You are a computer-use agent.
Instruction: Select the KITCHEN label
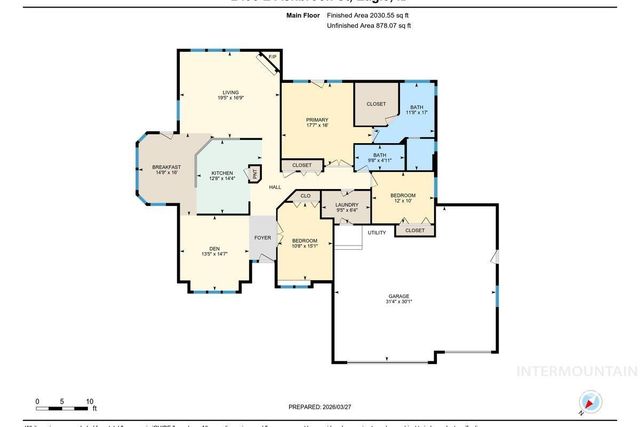tap(221, 175)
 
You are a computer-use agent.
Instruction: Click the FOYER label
tap(263, 237)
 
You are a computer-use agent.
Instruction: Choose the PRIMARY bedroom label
tap(317, 121)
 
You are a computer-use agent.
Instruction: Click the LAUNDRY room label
tap(346, 207)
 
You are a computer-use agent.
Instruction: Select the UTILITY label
tap(376, 232)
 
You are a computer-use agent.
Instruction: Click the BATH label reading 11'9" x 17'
tap(416, 109)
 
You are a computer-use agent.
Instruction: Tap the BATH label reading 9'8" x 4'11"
tap(380, 157)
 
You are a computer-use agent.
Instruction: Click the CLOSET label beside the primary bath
tap(375, 103)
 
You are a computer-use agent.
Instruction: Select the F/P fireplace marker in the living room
tap(272, 58)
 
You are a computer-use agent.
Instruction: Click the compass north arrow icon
tap(589, 404)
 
